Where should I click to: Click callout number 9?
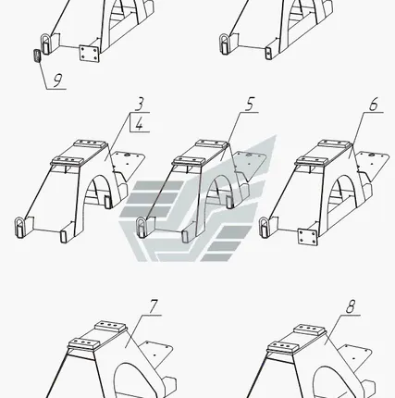click(57, 81)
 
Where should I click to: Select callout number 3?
click(140, 104)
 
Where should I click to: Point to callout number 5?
click(250, 104)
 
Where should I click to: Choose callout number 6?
click(374, 105)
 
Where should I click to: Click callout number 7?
click(154, 306)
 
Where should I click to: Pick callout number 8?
click(351, 306)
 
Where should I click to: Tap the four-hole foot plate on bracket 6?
click(307, 236)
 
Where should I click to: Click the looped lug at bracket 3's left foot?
click(20, 228)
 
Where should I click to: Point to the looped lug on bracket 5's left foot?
click(142, 227)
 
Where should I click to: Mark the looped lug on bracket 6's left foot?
click(265, 228)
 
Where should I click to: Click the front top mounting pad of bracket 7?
click(84, 342)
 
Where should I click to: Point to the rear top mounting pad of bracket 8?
click(309, 330)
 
